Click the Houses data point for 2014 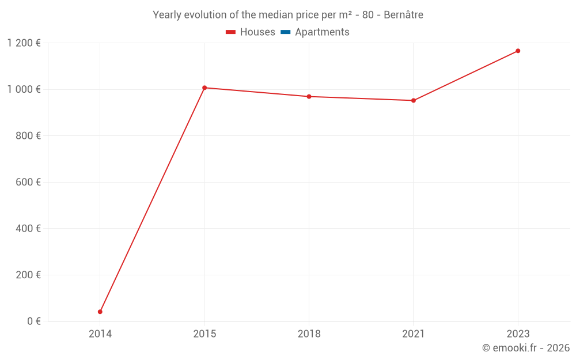point(100,312)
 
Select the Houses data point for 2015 point(204,88)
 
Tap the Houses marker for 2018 point(309,97)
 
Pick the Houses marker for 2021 point(414,101)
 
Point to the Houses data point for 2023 point(518,51)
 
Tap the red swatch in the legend point(231,32)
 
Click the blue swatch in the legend point(285,32)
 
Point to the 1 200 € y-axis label point(24,43)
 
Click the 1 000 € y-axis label point(24,89)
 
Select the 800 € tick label point(29,136)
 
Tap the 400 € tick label point(29,229)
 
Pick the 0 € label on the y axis point(34,321)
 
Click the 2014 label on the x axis point(100,334)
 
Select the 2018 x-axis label point(309,334)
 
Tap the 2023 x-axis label point(518,334)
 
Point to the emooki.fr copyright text point(525,348)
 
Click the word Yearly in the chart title point(167,15)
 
